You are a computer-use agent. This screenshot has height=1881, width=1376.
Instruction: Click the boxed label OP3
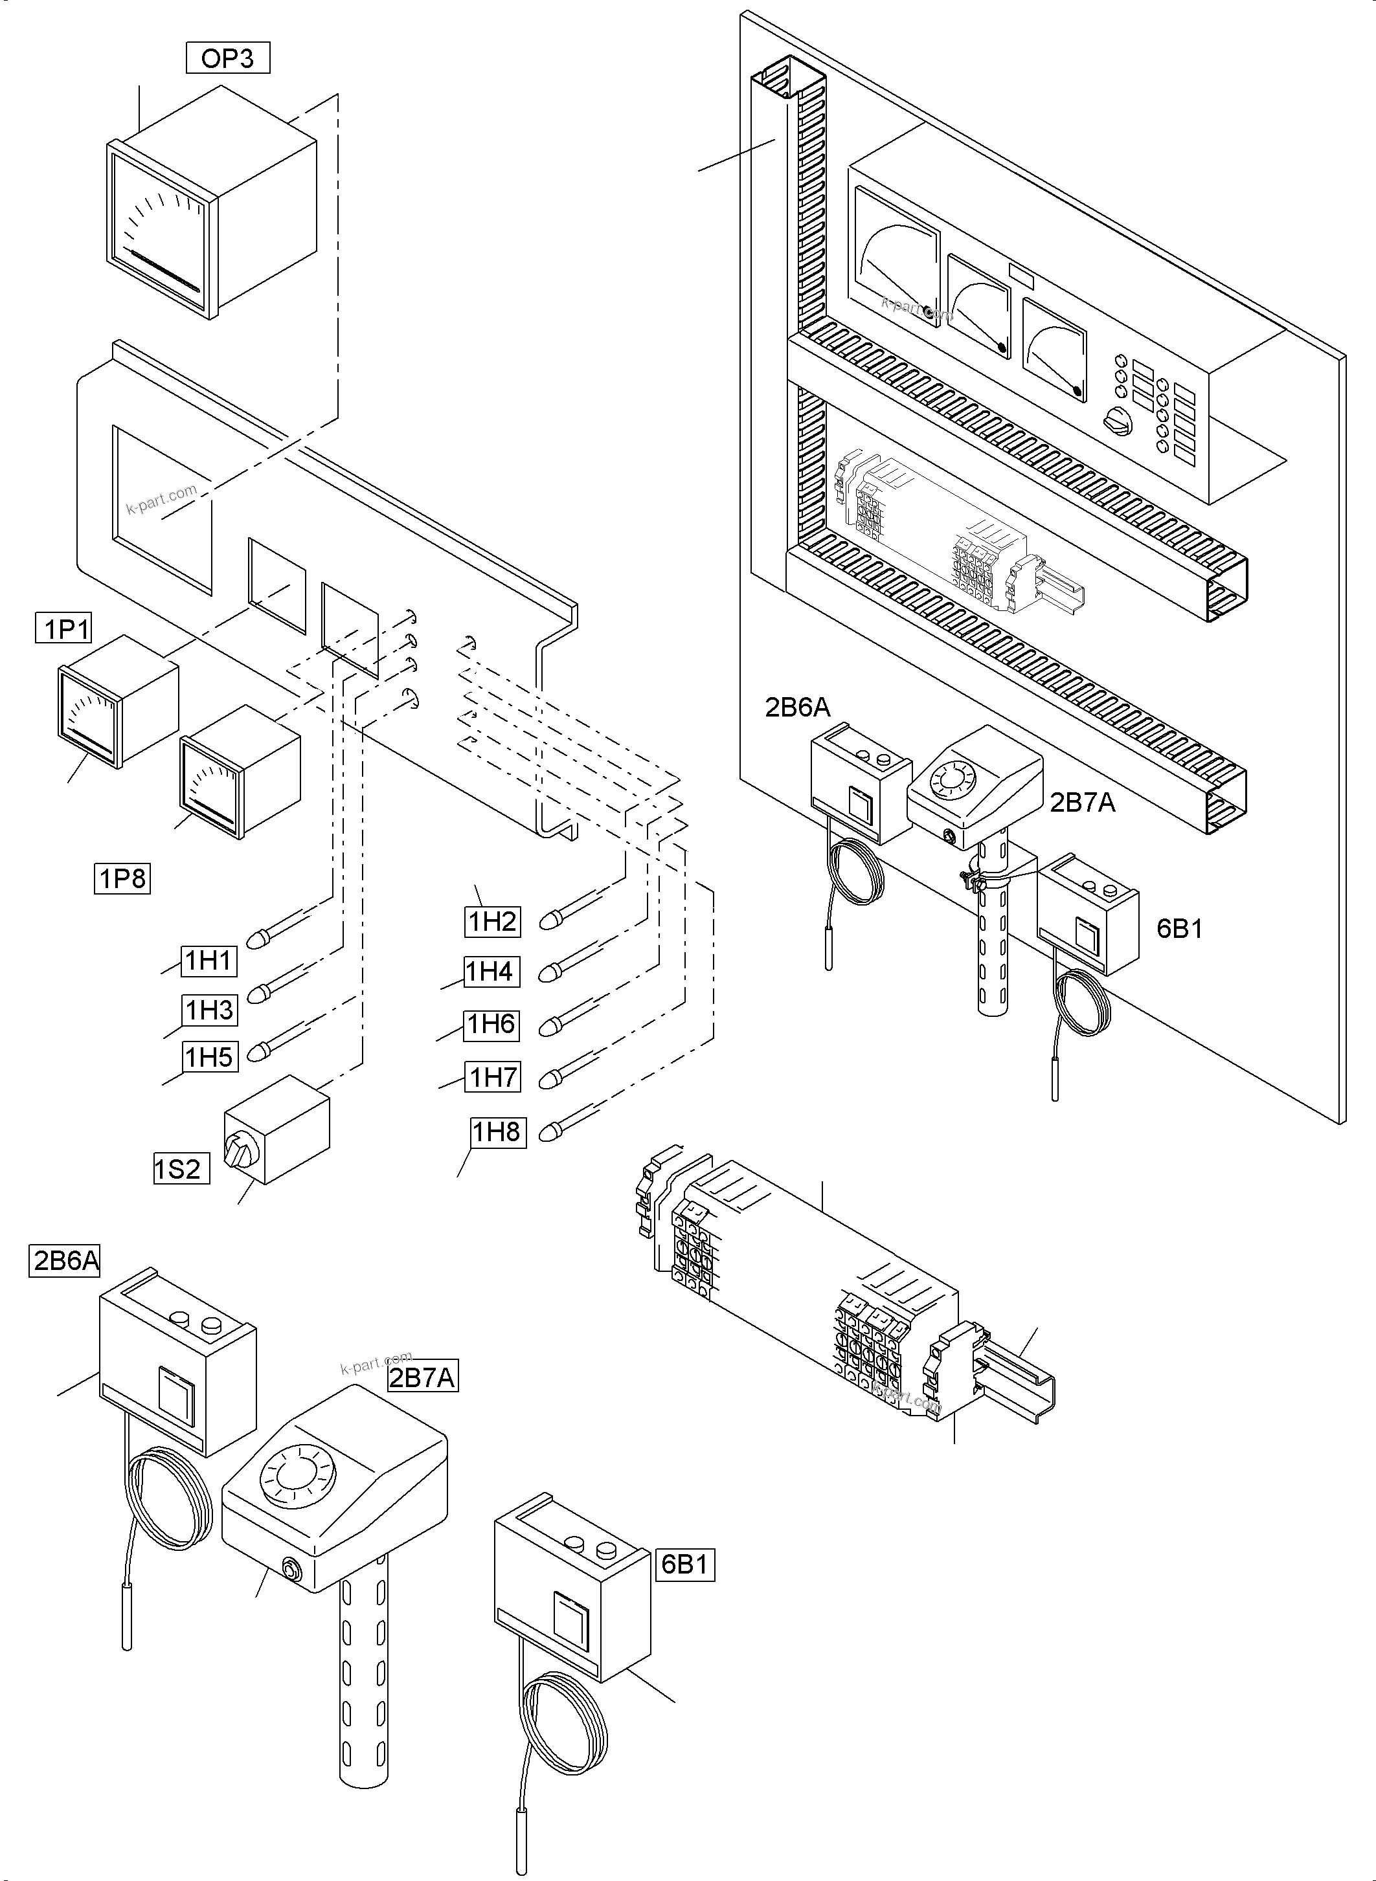pos(227,58)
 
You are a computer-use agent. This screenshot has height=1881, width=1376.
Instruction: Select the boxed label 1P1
pos(64,628)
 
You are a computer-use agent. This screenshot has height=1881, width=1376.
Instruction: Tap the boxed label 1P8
pos(122,878)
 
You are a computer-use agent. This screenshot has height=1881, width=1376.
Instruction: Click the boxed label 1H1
pos(209,961)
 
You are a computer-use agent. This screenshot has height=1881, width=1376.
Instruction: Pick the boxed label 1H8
pos(497,1133)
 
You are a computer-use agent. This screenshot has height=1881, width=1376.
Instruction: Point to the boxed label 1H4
pos(491,972)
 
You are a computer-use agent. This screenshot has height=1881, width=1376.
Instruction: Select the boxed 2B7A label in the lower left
pos(422,1378)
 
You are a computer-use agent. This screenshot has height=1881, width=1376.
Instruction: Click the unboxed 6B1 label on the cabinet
pos(1179,928)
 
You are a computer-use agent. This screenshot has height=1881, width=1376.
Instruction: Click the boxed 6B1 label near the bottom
pos(684,1564)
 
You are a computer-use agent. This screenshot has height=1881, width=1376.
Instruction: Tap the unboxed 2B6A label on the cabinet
pos(797,707)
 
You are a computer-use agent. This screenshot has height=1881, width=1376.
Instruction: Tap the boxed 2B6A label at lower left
pos(65,1261)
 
